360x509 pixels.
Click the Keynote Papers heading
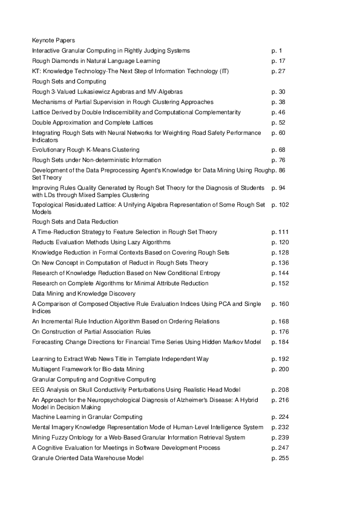tap(53, 41)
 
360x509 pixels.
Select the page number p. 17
tap(279, 61)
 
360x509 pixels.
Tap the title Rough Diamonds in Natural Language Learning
tap(96, 61)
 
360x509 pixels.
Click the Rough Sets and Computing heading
tap(69, 81)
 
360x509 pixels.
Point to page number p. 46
tap(279, 112)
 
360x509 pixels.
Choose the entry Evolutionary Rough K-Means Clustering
tap(85, 149)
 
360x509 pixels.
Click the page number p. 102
tap(281, 205)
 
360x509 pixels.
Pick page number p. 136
tap(281, 263)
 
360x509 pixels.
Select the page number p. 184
tap(281, 342)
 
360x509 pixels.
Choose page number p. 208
tap(281, 389)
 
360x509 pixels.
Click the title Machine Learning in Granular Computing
tap(87, 417)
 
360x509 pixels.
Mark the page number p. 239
tap(281, 437)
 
